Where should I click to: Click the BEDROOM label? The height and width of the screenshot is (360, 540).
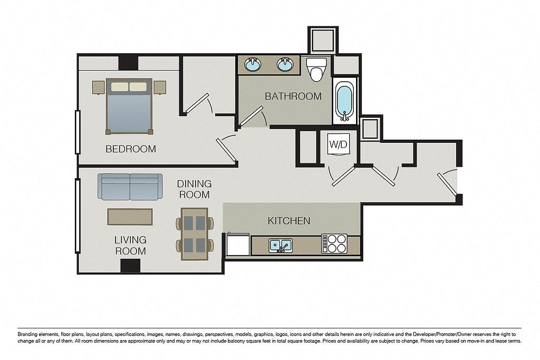click(x=131, y=149)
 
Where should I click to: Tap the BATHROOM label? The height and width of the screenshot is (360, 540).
click(x=293, y=96)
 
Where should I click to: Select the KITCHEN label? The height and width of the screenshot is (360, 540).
click(x=289, y=221)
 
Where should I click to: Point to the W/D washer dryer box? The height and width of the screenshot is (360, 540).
click(x=338, y=144)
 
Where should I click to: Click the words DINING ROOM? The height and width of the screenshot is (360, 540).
click(x=195, y=189)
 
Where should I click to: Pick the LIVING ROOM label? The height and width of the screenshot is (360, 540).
click(x=131, y=246)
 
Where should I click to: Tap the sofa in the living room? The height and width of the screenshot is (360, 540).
click(x=130, y=187)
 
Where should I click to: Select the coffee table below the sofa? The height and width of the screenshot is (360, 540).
click(x=130, y=217)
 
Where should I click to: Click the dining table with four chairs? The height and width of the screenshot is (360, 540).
click(x=195, y=233)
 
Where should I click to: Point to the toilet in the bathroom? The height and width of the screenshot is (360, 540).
click(x=316, y=69)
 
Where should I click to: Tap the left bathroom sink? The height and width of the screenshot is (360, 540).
click(x=253, y=64)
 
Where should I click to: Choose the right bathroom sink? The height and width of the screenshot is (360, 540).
click(x=285, y=64)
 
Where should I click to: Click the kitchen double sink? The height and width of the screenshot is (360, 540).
click(x=281, y=246)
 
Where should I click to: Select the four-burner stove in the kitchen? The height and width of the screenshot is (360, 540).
click(x=334, y=244)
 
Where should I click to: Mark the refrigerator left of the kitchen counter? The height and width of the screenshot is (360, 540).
click(x=238, y=245)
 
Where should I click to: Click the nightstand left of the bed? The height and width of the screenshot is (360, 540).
click(x=99, y=88)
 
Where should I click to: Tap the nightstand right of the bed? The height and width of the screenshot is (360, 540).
click(x=160, y=88)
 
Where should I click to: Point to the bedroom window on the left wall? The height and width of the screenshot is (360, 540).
click(x=78, y=132)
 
